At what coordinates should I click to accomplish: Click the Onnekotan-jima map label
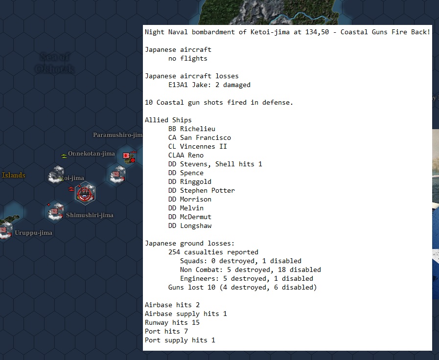(x=92, y=154)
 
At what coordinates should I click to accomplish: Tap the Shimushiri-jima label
(x=90, y=215)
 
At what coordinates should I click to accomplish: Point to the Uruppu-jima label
(x=33, y=233)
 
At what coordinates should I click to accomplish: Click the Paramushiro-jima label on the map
(x=117, y=135)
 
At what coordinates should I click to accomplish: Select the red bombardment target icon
(x=85, y=193)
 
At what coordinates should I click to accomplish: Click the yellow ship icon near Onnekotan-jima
(x=64, y=156)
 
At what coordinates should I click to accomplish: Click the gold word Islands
(x=14, y=175)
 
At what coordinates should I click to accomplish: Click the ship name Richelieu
(x=197, y=129)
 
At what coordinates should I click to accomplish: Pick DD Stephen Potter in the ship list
(x=201, y=190)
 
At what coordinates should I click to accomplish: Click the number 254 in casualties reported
(x=174, y=252)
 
